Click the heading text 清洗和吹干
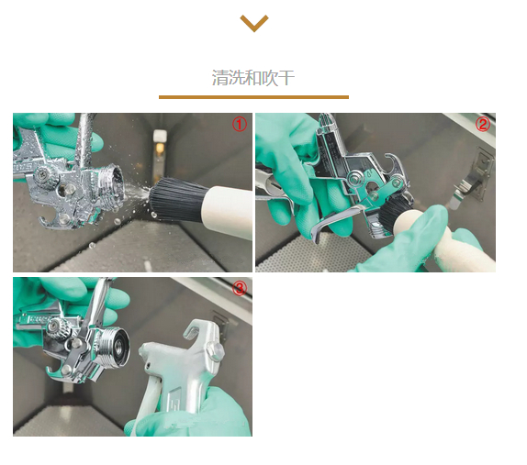(253, 78)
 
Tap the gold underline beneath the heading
(253, 97)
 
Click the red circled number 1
(240, 125)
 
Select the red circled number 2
(483, 124)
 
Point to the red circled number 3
(240, 288)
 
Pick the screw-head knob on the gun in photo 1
(45, 174)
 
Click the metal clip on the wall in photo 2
(470, 182)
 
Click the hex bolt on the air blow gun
(215, 351)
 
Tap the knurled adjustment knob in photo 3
(61, 328)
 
